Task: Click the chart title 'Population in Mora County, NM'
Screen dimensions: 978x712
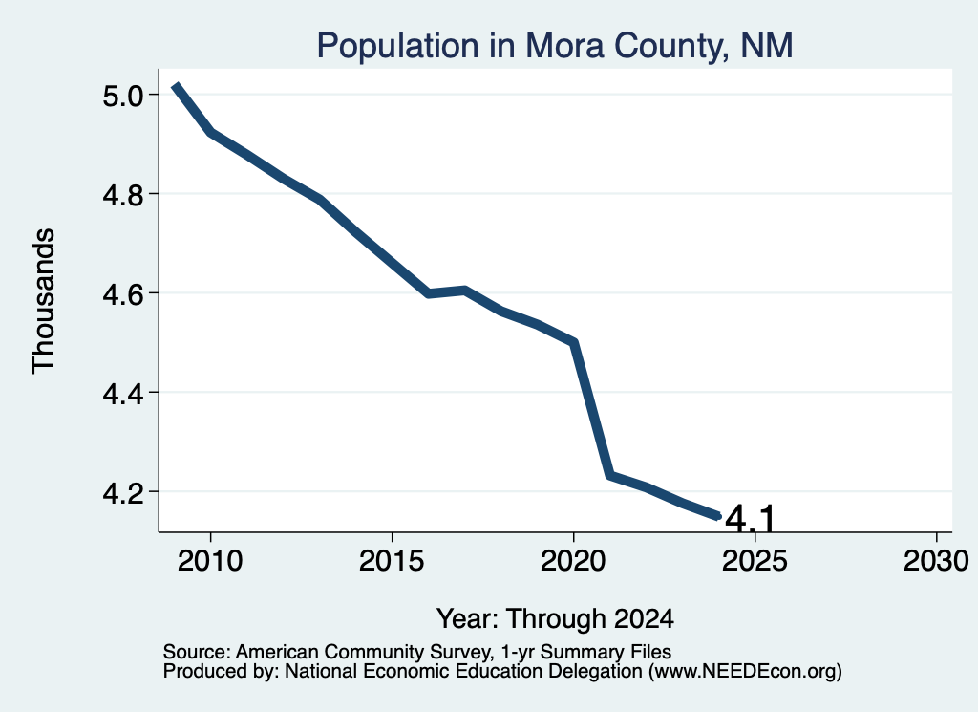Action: coord(555,46)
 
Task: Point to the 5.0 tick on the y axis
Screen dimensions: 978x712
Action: coord(123,96)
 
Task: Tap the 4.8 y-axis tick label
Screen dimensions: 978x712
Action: coord(123,195)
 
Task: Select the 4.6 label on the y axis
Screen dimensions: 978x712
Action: coord(123,293)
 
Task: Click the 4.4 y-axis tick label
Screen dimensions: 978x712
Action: coord(123,393)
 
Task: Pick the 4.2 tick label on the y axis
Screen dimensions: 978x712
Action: coord(123,492)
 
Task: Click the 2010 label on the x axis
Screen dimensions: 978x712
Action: coord(210,560)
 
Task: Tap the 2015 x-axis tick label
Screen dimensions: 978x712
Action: coord(392,560)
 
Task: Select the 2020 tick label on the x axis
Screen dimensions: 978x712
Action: coord(573,560)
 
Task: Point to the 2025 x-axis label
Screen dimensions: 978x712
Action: coord(755,560)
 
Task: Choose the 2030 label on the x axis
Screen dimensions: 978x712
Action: coord(936,560)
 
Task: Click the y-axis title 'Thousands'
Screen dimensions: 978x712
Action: coord(44,301)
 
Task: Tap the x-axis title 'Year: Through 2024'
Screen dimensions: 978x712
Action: coord(555,619)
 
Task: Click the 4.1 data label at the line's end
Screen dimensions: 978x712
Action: coord(750,519)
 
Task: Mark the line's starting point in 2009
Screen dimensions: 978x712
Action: coord(176,85)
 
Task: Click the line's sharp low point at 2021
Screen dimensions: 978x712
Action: coord(610,476)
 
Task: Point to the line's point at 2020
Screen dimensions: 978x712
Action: coord(574,342)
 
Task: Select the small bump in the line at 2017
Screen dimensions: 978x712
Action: coord(465,291)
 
